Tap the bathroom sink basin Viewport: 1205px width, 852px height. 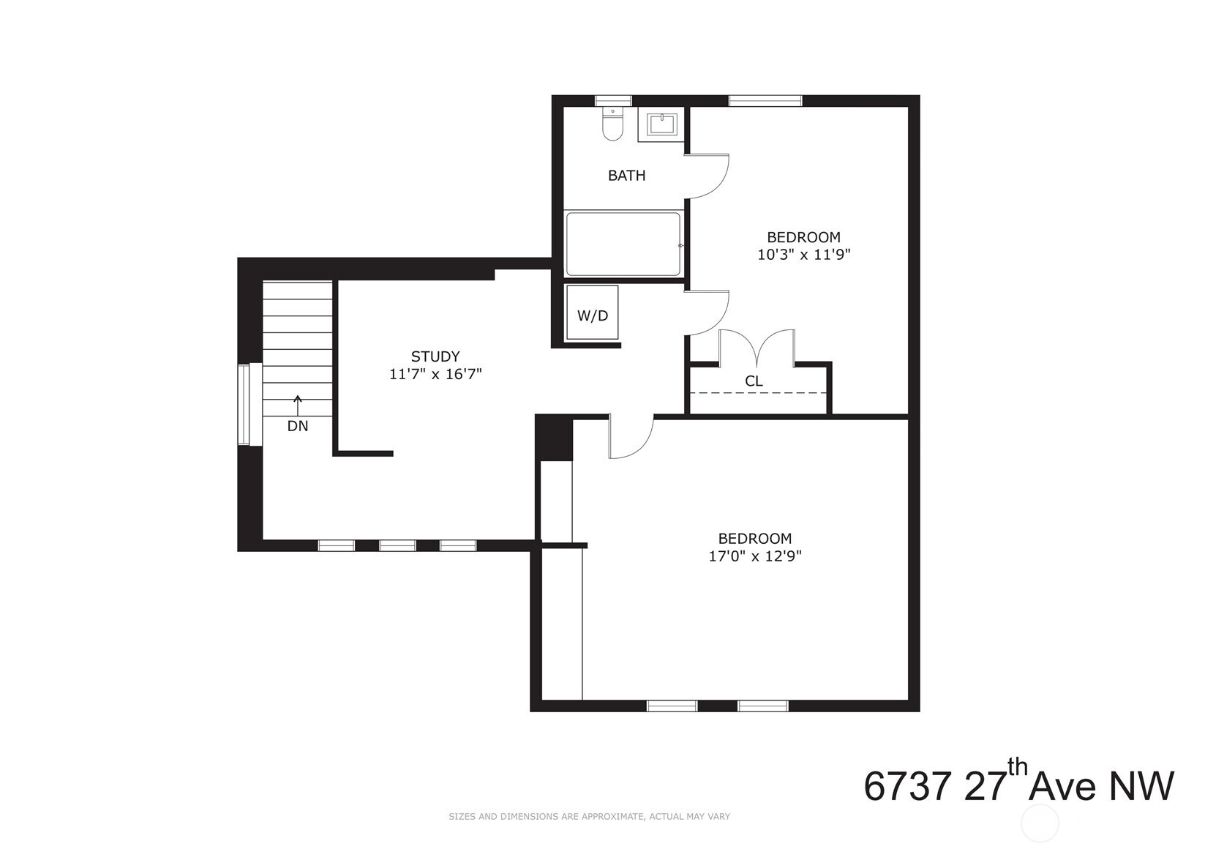point(661,124)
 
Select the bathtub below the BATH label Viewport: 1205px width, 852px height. point(623,244)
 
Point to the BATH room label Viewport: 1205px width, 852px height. point(627,176)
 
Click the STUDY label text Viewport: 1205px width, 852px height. point(435,356)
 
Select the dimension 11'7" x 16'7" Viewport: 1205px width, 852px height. point(435,374)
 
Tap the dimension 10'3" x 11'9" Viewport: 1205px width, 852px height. point(803,255)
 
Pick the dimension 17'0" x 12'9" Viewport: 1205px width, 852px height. point(755,556)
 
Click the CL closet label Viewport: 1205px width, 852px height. point(754,381)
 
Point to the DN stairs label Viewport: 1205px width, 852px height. point(298,426)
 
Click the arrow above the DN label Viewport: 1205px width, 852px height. point(298,406)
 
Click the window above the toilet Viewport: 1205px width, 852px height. point(612,101)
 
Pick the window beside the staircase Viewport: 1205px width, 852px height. point(244,404)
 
